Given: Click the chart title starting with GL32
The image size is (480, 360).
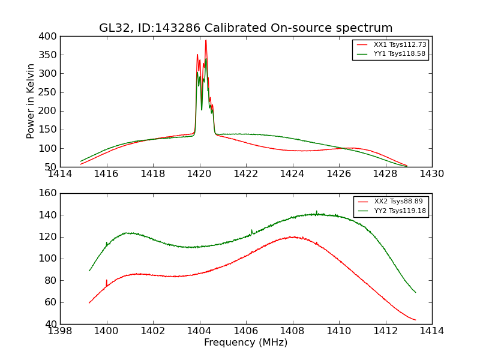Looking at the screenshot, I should [x=246, y=28].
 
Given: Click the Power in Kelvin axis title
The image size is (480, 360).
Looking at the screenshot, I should [x=31, y=101].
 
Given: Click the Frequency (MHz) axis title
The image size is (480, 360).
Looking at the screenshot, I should [x=246, y=343].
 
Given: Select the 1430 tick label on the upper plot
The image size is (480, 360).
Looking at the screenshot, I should [x=431, y=174].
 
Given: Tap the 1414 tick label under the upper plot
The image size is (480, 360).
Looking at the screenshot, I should [x=60, y=174].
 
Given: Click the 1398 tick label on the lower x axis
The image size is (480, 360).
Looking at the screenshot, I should [x=60, y=331].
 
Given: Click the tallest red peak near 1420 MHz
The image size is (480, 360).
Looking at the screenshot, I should [x=206, y=41].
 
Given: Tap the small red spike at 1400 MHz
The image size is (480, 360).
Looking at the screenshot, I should [x=107, y=281].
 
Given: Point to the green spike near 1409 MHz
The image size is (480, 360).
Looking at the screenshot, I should [x=317, y=211].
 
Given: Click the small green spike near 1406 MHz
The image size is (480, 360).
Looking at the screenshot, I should [x=251, y=230].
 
